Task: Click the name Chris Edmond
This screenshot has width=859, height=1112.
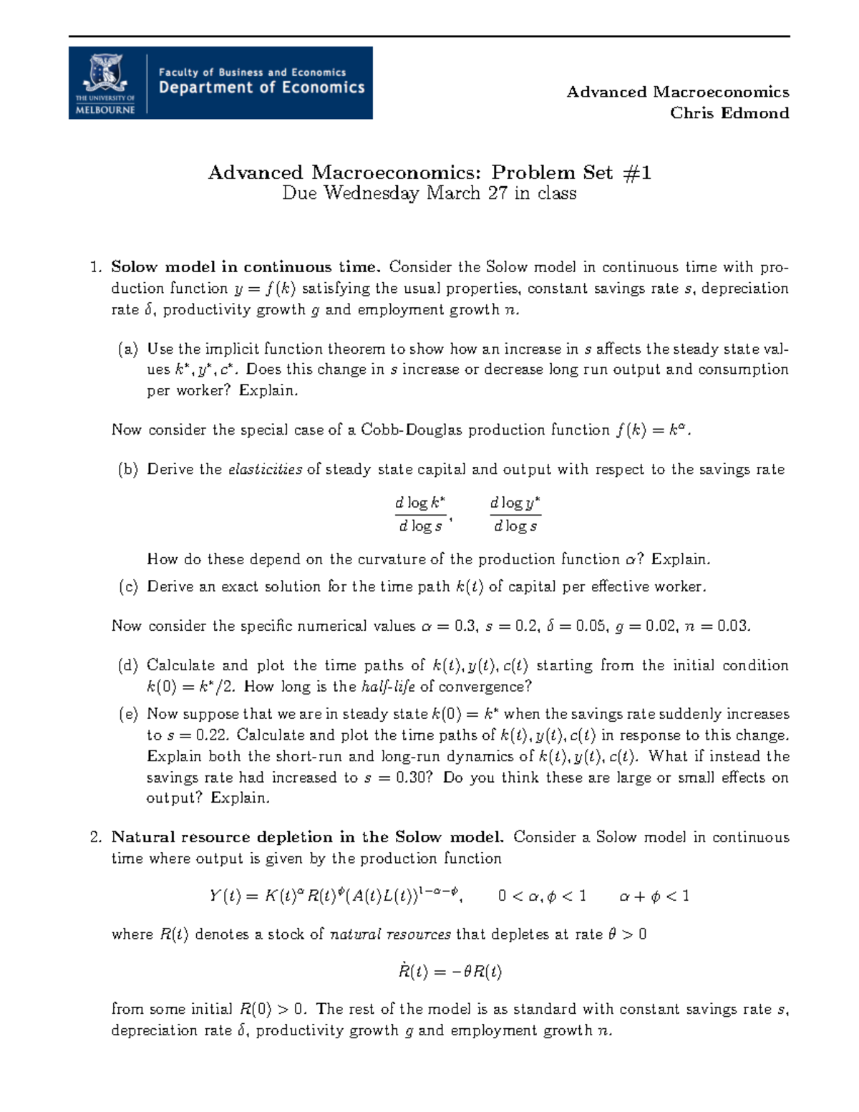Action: [x=729, y=113]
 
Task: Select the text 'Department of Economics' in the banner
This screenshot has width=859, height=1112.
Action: [x=261, y=88]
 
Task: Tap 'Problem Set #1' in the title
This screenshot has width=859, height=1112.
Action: [x=571, y=173]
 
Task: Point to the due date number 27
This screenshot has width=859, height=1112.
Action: [x=498, y=193]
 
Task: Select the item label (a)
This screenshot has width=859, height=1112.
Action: [x=128, y=349]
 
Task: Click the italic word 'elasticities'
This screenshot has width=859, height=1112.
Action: [x=265, y=470]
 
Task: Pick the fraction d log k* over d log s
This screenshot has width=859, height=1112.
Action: [x=420, y=514]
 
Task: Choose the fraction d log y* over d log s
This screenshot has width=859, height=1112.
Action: [x=515, y=514]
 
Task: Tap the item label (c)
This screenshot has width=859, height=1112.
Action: [x=128, y=586]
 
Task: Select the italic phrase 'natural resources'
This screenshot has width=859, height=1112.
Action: [x=390, y=934]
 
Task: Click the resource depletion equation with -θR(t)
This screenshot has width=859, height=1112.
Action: [x=450, y=972]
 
